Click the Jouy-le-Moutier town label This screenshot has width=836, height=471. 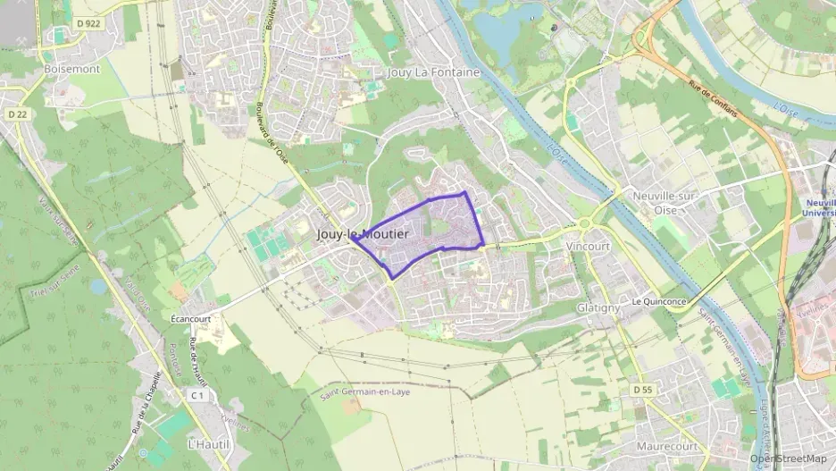363,234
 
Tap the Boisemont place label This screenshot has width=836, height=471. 72,68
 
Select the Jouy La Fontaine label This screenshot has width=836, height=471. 434,72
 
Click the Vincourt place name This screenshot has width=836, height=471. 588,245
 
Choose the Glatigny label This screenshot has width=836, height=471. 598,307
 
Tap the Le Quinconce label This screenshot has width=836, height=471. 659,302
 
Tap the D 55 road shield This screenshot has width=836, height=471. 643,391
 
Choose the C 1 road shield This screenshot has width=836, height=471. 197,395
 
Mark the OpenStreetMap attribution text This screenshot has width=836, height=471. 788,458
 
